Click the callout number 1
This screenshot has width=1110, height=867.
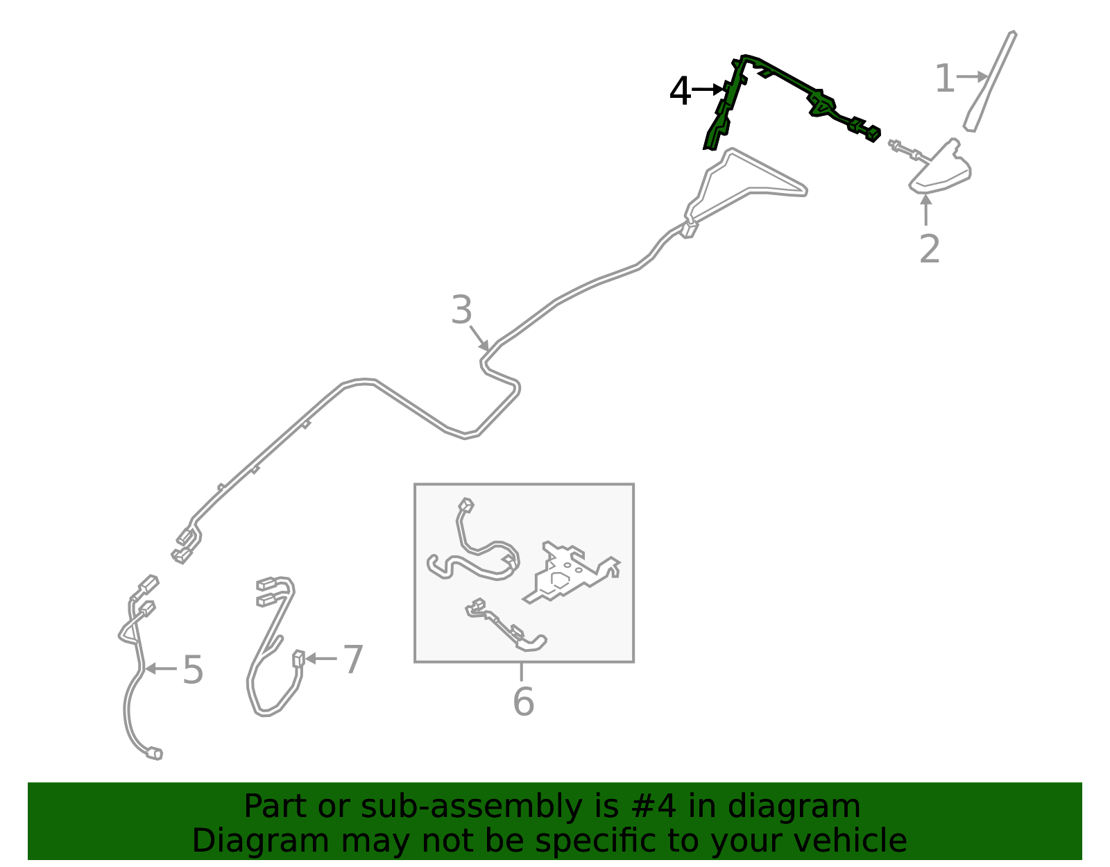(944, 78)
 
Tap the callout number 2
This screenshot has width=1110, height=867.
(929, 249)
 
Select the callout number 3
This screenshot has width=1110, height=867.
(461, 310)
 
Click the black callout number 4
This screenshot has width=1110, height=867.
(680, 91)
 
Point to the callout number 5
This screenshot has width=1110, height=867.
(193, 669)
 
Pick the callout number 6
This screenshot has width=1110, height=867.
(524, 702)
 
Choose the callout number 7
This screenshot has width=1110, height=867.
(353, 659)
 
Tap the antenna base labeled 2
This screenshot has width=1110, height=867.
(939, 167)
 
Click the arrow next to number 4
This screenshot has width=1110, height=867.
(708, 90)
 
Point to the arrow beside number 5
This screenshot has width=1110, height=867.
(161, 668)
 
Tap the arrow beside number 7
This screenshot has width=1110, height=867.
(321, 659)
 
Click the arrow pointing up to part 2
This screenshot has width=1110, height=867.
(925, 210)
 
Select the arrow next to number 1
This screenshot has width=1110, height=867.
(972, 77)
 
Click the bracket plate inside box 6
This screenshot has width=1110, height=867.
(572, 573)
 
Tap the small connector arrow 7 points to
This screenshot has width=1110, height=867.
(298, 659)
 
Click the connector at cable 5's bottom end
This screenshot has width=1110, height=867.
(154, 754)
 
